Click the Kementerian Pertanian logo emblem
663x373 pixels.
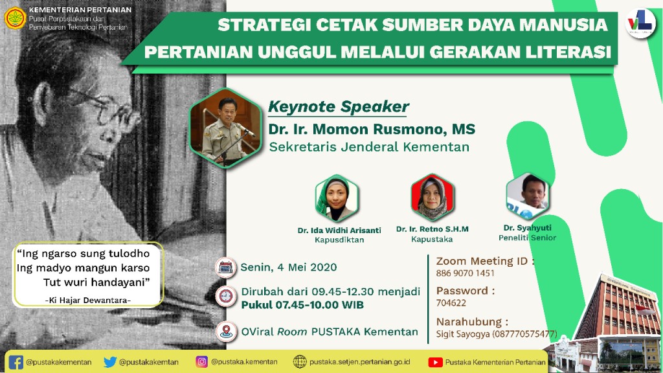14,17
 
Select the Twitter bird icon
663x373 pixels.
110,362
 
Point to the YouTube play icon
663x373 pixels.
435,362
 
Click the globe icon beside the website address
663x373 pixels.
300,362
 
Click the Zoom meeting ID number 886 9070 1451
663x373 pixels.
466,273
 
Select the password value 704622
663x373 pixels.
451,302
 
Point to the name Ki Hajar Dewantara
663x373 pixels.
87,299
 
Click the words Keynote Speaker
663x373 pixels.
338,107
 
